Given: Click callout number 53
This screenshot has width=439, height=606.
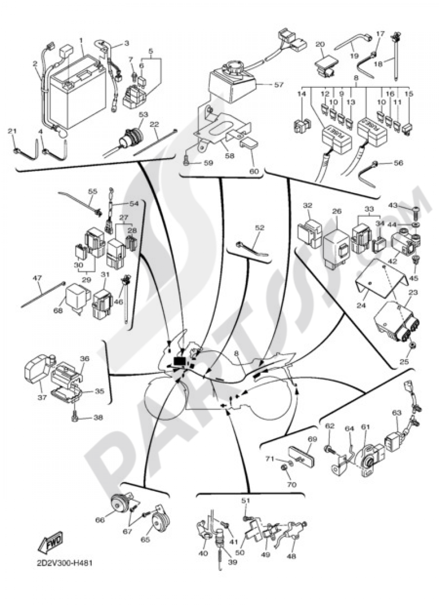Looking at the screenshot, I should tap(144, 114).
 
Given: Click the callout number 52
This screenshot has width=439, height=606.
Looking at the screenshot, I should tap(260, 228).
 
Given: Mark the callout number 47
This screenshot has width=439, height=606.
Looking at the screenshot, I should tap(37, 278).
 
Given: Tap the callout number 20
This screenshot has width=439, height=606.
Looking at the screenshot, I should tap(320, 44).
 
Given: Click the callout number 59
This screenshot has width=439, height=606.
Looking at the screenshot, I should tap(208, 163).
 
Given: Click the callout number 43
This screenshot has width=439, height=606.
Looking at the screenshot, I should tap(392, 205).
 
